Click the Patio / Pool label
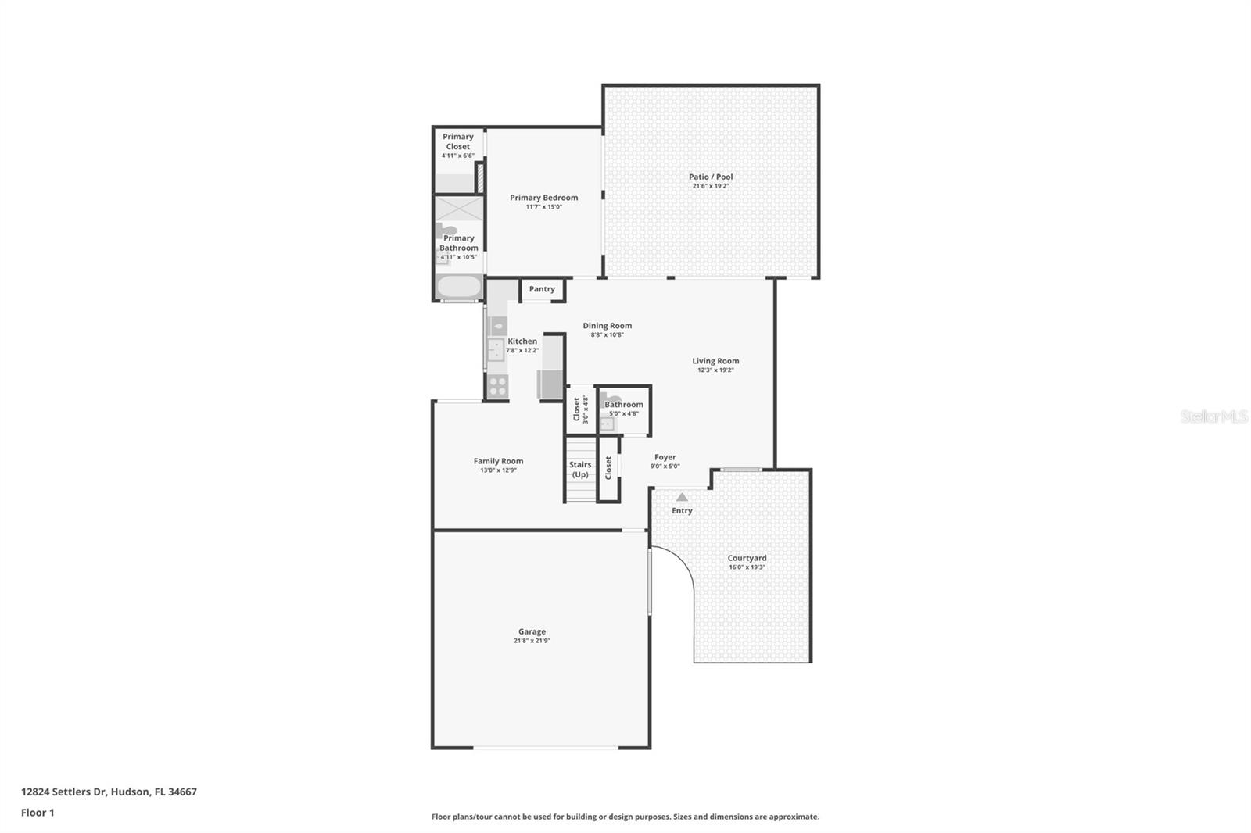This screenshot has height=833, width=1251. [x=711, y=177]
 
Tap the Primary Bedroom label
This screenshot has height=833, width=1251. [x=543, y=198]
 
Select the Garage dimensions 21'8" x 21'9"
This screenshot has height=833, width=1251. [x=532, y=641]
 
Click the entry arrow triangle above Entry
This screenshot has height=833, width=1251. [x=682, y=497]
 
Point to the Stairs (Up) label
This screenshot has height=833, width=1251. [x=580, y=470]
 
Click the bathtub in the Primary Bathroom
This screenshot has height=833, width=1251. [x=459, y=287]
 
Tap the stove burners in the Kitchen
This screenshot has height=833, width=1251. [x=497, y=385]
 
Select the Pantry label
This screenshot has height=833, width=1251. [x=542, y=289]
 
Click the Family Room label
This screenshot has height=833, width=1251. [x=498, y=461]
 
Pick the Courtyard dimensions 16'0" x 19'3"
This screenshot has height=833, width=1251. [x=747, y=567]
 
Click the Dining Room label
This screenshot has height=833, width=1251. [x=607, y=326]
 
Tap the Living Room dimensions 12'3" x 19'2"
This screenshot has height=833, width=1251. [x=715, y=370]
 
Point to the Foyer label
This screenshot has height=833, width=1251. [x=665, y=457]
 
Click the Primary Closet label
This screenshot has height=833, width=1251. [x=458, y=141]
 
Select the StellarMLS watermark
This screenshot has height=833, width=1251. [x=1213, y=417]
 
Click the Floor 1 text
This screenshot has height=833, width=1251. [x=38, y=813]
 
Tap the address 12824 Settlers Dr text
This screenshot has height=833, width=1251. [x=109, y=792]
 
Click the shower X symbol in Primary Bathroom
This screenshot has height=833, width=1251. [x=459, y=209]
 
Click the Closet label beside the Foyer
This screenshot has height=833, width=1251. [x=608, y=468]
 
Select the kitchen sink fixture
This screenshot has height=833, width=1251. [x=496, y=349]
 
